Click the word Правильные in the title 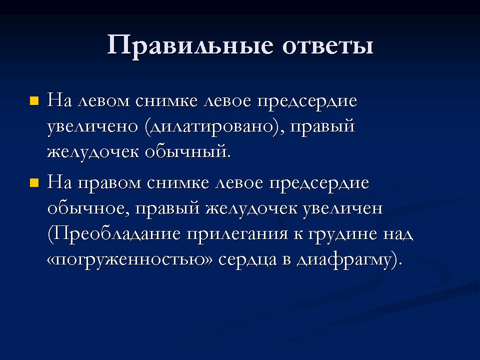point(190,46)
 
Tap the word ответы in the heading point(327,46)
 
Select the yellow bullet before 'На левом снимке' point(34,101)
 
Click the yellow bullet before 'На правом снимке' point(34,183)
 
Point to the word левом point(104,101)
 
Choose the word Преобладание point(114,234)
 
